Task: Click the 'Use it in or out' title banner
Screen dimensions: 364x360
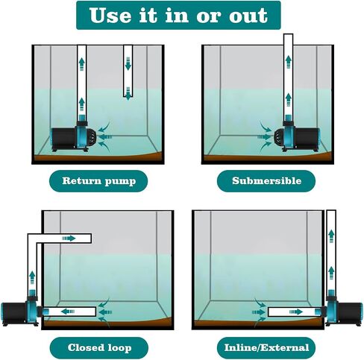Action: [x=178, y=15]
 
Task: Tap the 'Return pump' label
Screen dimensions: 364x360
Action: [x=98, y=181]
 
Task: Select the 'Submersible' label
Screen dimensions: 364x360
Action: [x=266, y=181]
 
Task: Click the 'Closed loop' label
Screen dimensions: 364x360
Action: [x=99, y=347]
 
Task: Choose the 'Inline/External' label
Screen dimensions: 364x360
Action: [x=266, y=347]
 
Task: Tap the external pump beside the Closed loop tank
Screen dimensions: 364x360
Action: [x=21, y=311]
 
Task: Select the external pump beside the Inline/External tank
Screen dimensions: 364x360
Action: [x=344, y=311]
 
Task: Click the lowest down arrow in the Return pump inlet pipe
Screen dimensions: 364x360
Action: [x=128, y=93]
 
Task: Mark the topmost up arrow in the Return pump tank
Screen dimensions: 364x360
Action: [x=81, y=64]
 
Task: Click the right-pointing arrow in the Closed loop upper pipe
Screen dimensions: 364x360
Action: [x=69, y=239]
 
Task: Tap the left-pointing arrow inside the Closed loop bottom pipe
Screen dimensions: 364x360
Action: [x=68, y=312]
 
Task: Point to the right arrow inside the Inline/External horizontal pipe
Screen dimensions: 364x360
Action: [x=296, y=312]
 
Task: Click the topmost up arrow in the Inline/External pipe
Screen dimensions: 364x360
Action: [x=331, y=236]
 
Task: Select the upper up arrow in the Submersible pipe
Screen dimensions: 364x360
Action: [x=288, y=62]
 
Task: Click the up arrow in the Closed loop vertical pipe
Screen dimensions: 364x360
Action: [x=32, y=277]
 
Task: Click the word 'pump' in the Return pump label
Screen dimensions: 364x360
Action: [x=120, y=181]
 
